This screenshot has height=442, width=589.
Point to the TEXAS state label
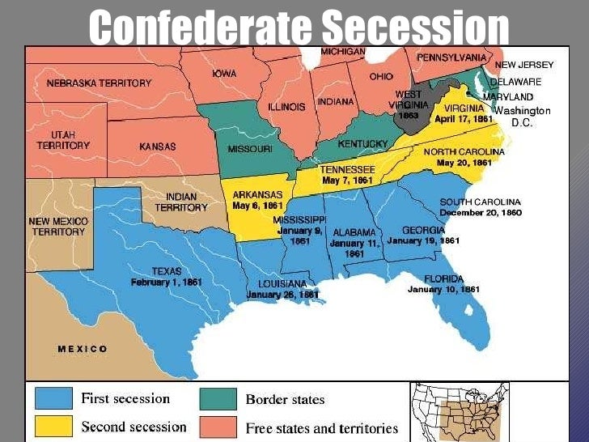click(x=167, y=271)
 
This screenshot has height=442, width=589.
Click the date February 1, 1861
click(x=167, y=283)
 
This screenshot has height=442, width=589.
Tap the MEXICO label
click(x=83, y=349)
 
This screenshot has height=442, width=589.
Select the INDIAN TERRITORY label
click(x=181, y=202)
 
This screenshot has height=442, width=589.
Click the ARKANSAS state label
click(x=256, y=194)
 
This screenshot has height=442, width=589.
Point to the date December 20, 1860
click(x=481, y=212)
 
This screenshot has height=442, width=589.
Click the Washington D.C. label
click(x=522, y=116)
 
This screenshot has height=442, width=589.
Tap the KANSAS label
click(x=157, y=147)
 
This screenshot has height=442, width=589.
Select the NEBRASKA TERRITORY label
click(x=99, y=83)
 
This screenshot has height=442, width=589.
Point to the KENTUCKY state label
click(x=363, y=144)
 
